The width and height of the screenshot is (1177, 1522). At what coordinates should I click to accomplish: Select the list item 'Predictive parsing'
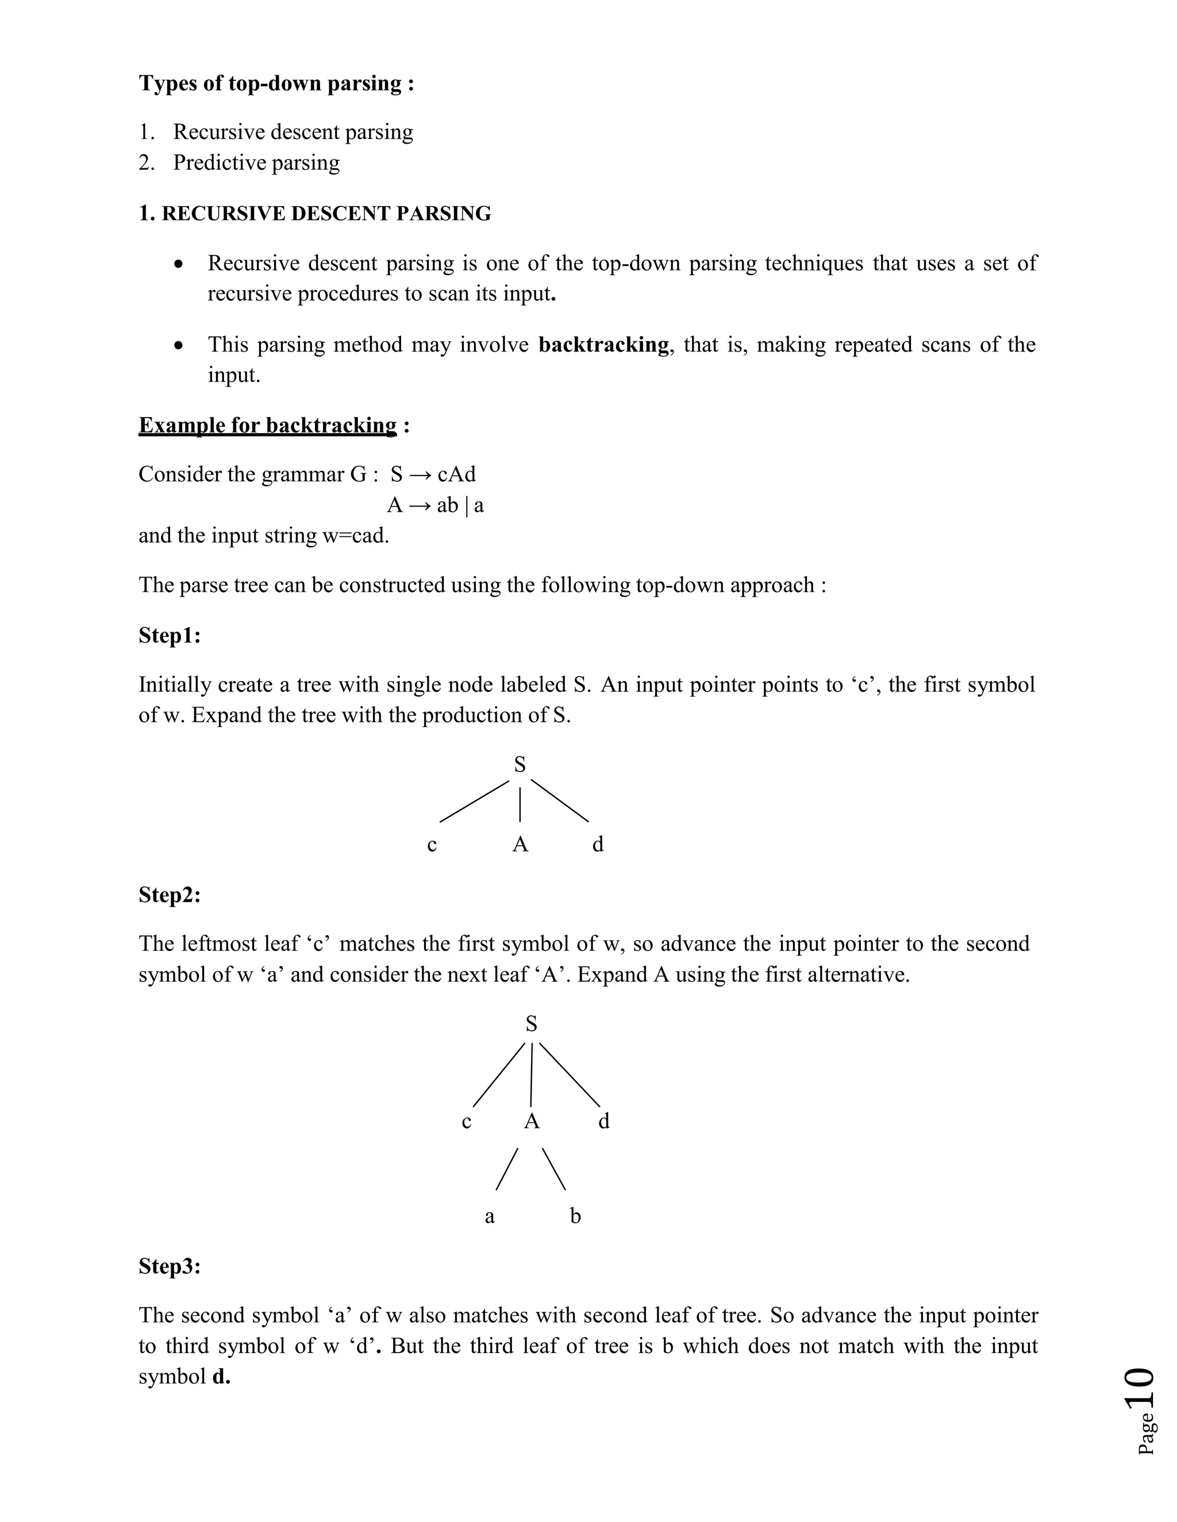(x=256, y=163)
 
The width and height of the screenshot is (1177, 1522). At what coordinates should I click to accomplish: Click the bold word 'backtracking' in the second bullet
(x=603, y=344)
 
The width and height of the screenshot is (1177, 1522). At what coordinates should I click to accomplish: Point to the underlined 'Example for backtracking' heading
(x=268, y=425)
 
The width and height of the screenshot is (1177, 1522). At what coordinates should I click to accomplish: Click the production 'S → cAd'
(x=433, y=474)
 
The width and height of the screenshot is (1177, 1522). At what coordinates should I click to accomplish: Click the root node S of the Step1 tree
(x=520, y=764)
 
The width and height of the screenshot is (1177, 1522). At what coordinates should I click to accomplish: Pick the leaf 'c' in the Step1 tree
(x=432, y=845)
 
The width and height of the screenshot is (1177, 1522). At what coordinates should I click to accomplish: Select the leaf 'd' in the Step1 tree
(x=598, y=845)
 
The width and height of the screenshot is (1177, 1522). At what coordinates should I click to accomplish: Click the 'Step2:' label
(x=170, y=894)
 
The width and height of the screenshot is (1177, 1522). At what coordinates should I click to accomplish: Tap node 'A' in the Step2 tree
(x=532, y=1121)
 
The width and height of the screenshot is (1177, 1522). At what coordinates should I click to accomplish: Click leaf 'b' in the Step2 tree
(x=575, y=1216)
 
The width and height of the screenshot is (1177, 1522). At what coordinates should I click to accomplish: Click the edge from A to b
(x=553, y=1169)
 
